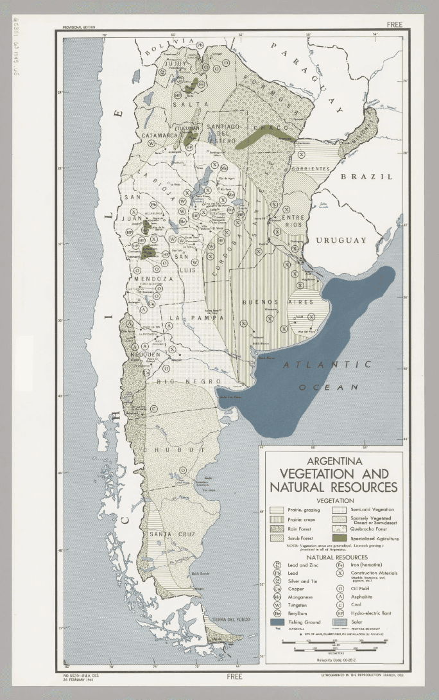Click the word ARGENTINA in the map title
coord(334,460)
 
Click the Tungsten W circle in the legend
coord(277,605)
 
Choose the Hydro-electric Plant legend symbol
coord(342,613)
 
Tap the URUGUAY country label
coord(340,240)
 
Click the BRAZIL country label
coord(366,176)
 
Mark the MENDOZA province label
coord(153,279)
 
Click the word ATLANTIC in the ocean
coord(327,365)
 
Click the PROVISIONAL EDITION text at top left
coord(79,28)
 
